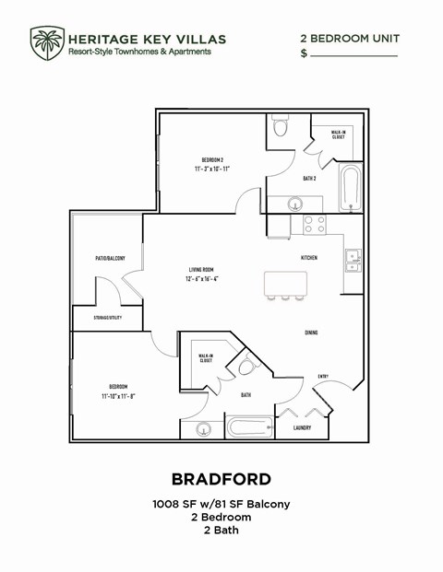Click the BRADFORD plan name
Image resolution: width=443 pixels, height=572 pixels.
pyautogui.click(x=221, y=479)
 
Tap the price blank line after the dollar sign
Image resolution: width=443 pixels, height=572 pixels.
pyautogui.click(x=353, y=55)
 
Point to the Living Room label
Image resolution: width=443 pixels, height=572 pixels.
pyautogui.click(x=201, y=269)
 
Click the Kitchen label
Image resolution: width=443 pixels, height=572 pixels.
pyautogui.click(x=309, y=258)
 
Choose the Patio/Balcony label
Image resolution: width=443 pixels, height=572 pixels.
pyautogui.click(x=110, y=258)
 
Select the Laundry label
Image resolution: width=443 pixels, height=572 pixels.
pyautogui.click(x=301, y=427)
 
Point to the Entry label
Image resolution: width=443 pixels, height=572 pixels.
pyautogui.click(x=323, y=375)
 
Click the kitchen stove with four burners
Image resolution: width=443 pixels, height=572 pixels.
pyautogui.click(x=315, y=223)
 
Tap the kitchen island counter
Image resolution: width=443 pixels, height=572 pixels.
pyautogui.click(x=285, y=283)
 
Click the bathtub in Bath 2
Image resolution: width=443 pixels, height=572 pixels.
pyautogui.click(x=350, y=188)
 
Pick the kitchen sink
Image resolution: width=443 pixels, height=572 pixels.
pyautogui.click(x=353, y=258)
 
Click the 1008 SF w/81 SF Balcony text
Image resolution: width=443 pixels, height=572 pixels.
pyautogui.click(x=221, y=504)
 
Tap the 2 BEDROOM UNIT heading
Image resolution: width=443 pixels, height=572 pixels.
pyautogui.click(x=349, y=38)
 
